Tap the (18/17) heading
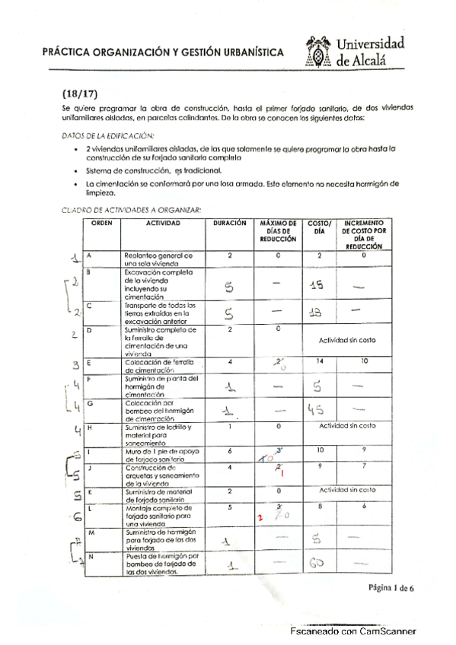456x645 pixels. [78, 95]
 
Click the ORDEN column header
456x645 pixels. [102, 223]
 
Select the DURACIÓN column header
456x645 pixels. [229, 223]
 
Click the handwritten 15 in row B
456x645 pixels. [318, 284]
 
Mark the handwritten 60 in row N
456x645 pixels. [318, 564]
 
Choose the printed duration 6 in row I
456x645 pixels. [229, 450]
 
